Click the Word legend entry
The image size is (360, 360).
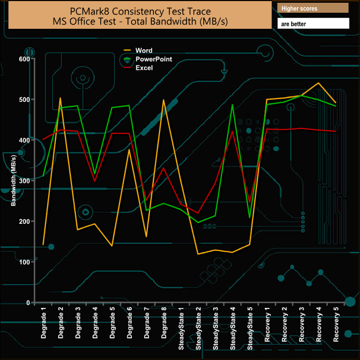click(143, 50)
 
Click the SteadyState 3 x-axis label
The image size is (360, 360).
click(215, 328)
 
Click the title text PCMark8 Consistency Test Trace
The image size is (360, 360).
click(141, 11)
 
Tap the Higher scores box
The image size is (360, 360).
click(313, 8)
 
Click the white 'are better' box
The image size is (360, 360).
click(313, 24)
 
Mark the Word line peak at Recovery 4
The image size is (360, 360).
click(318, 83)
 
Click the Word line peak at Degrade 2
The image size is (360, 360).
click(60, 98)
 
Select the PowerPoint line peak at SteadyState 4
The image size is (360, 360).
click(233, 105)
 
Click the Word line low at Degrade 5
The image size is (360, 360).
click(112, 246)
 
